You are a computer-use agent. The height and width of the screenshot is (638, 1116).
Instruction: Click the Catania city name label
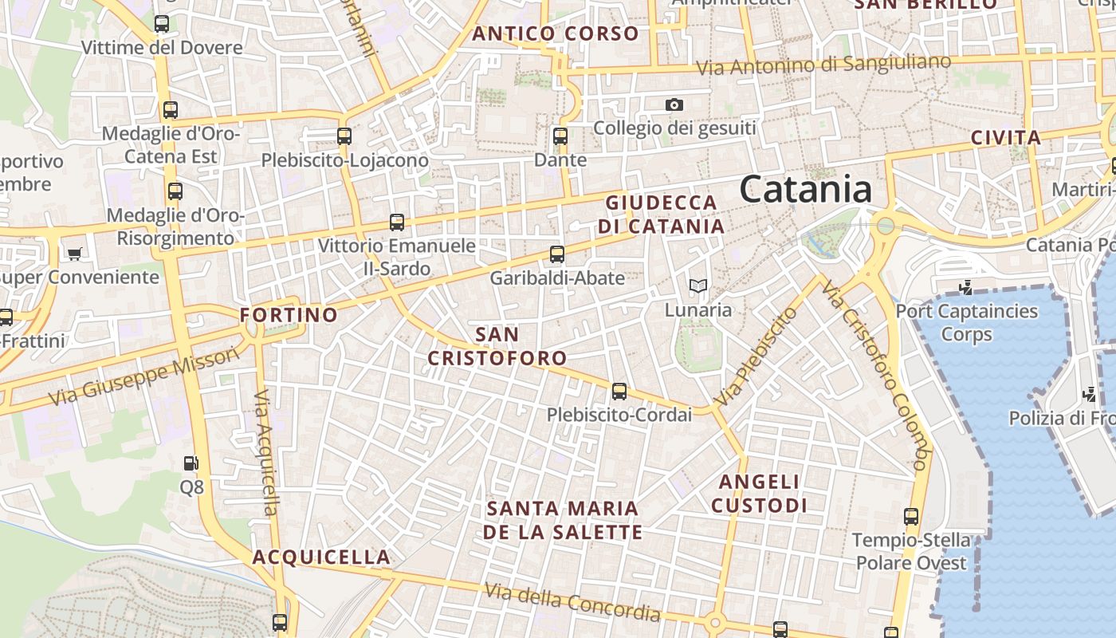pyautogui.click(x=805, y=190)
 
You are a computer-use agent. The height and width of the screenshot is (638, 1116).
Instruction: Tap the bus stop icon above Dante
pyautogui.click(x=560, y=136)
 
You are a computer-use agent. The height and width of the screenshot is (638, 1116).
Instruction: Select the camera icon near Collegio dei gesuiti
pyautogui.click(x=674, y=104)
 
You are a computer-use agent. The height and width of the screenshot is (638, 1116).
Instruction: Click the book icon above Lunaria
pyautogui.click(x=698, y=286)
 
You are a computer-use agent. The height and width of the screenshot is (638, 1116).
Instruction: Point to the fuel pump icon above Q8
pyautogui.click(x=191, y=463)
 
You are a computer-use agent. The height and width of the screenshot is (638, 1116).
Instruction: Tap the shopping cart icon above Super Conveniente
pyautogui.click(x=74, y=254)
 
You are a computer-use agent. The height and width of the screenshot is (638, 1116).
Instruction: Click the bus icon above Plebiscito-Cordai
pyautogui.click(x=619, y=392)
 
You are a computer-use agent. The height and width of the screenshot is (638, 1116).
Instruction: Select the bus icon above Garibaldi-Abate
pyautogui.click(x=557, y=254)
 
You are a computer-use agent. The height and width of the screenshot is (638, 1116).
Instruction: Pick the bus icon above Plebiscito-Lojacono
pyautogui.click(x=344, y=136)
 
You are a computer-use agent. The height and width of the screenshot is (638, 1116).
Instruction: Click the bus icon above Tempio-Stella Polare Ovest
pyautogui.click(x=912, y=517)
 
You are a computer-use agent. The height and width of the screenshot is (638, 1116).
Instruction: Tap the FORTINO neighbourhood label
pyautogui.click(x=289, y=315)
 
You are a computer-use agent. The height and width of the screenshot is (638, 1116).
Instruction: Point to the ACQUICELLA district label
pyautogui.click(x=322, y=557)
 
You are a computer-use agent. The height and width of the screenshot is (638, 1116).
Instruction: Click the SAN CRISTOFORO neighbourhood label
pyautogui.click(x=497, y=346)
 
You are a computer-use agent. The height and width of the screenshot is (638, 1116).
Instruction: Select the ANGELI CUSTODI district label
pyautogui.click(x=759, y=494)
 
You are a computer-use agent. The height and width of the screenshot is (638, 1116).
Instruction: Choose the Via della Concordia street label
pyautogui.click(x=572, y=602)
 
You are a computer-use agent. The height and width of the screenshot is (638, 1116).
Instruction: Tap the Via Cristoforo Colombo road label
pyautogui.click(x=876, y=375)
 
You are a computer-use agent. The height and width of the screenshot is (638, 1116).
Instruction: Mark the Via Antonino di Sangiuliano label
pyautogui.click(x=824, y=65)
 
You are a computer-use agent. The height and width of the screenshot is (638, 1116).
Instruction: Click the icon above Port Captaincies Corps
pyautogui.click(x=967, y=286)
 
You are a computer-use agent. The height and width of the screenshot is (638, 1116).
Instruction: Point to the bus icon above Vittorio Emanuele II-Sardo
pyautogui.click(x=397, y=223)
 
